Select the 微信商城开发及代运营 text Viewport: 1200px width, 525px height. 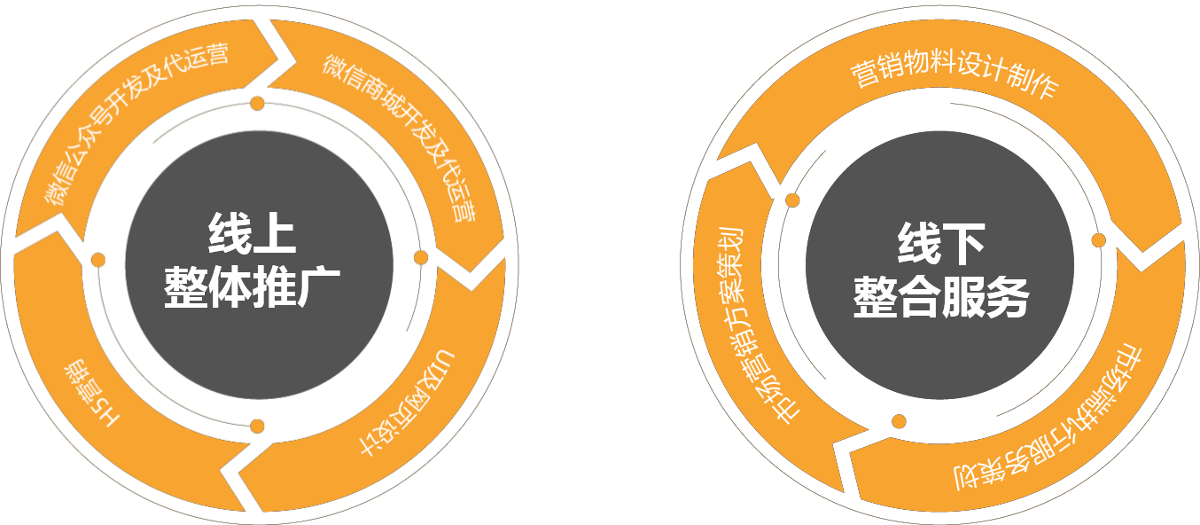click(400, 133)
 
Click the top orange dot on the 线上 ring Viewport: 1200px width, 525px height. click(257, 104)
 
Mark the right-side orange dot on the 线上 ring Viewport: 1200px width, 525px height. click(421, 257)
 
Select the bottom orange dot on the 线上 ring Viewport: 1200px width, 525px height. click(257, 426)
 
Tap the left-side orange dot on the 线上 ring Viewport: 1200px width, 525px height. click(98, 260)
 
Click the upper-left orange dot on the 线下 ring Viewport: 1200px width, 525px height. click(792, 200)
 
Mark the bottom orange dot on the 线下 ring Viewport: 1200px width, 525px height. click(899, 421)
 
